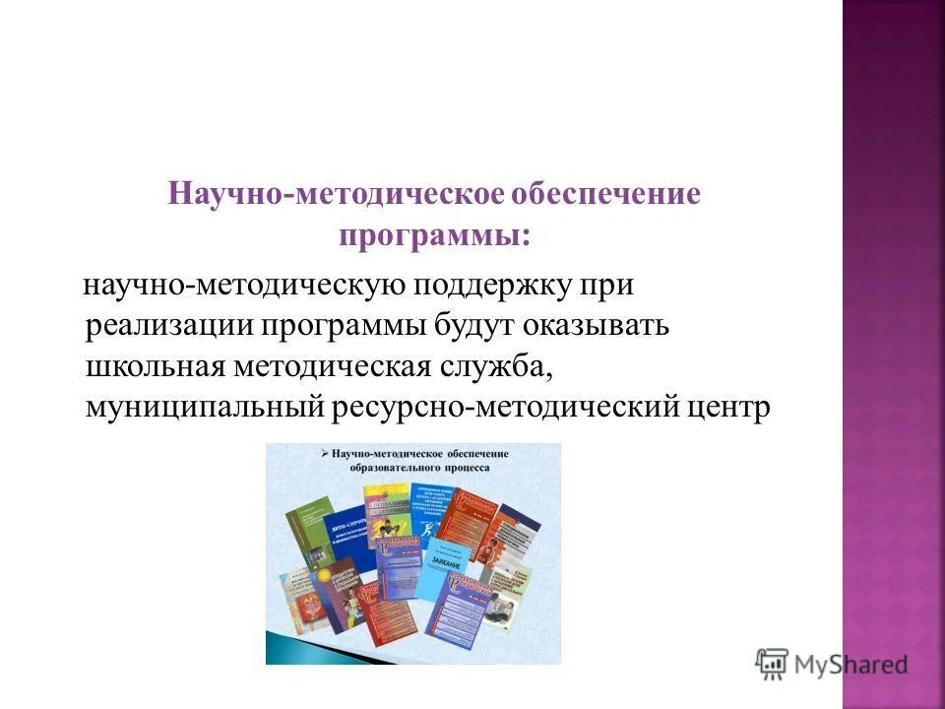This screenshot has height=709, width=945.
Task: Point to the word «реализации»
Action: (x=168, y=327)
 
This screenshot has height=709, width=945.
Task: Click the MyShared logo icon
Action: (x=773, y=664)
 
